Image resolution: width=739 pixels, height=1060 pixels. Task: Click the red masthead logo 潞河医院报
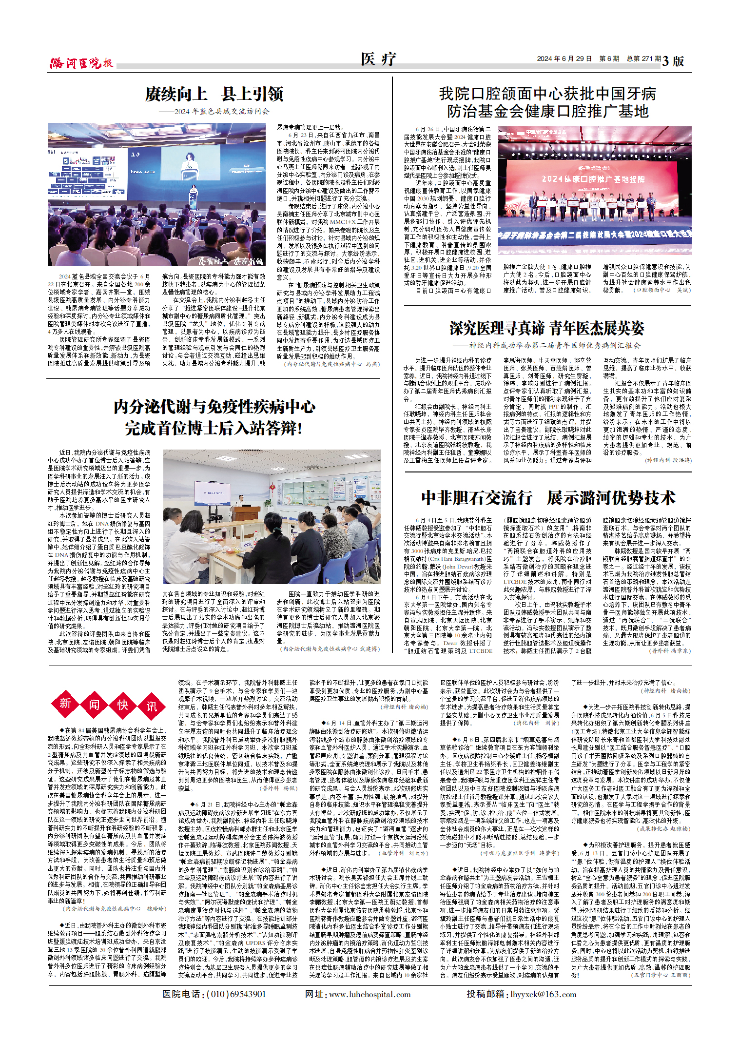pyautogui.click(x=81, y=63)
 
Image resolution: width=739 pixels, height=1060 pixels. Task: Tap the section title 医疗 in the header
pyautogui.click(x=378, y=59)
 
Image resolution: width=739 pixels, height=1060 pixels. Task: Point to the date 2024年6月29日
pyautogui.click(x=564, y=59)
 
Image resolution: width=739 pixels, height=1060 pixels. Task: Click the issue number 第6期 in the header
pyautogui.click(x=609, y=59)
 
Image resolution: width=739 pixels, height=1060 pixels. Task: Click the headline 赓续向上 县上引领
pyautogui.click(x=214, y=94)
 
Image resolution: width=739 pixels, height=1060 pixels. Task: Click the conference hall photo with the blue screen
pyautogui.click(x=156, y=195)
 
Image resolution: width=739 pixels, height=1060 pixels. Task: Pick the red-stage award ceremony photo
pyautogui.click(x=594, y=191)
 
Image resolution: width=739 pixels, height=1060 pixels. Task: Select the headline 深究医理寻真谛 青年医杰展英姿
pyautogui.click(x=546, y=328)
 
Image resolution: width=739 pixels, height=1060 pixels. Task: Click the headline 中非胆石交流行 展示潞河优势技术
pyautogui.click(x=548, y=498)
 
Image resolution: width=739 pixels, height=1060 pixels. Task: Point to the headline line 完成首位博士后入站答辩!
pyautogui.click(x=214, y=429)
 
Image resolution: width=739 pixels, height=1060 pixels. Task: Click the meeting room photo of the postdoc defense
pyautogui.click(x=272, y=517)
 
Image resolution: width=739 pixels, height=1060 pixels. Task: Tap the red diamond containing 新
pyautogui.click(x=65, y=704)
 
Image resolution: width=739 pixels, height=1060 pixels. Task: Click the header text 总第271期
pyautogui.click(x=644, y=59)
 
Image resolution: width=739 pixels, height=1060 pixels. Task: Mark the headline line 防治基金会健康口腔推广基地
pyautogui.click(x=547, y=111)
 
